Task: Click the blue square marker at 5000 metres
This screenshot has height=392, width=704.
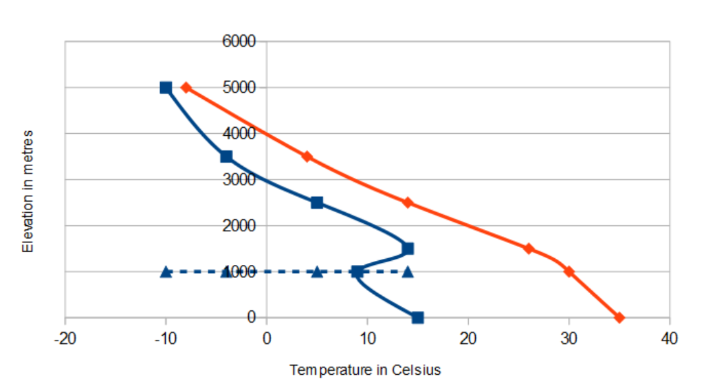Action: tap(166, 87)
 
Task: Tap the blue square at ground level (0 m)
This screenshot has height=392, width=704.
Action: tap(417, 317)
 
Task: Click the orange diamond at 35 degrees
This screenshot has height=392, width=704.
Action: tap(619, 317)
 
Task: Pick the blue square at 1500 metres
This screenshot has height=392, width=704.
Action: tap(408, 249)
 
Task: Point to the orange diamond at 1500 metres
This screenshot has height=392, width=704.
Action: tap(528, 249)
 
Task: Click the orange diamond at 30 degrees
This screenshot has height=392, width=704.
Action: tap(569, 271)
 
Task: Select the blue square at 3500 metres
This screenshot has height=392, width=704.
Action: tap(226, 157)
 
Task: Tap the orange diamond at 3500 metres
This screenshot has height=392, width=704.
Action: tap(307, 157)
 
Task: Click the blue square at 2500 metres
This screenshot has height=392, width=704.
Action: tap(317, 203)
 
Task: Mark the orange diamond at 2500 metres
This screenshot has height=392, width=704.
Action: tap(408, 203)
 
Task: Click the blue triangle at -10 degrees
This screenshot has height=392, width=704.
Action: tap(166, 271)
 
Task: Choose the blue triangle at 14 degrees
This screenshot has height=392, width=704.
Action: tap(408, 271)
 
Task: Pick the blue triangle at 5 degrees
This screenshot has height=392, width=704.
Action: tap(317, 271)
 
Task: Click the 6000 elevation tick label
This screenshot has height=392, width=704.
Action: tap(239, 41)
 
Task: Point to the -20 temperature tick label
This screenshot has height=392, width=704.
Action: tap(65, 338)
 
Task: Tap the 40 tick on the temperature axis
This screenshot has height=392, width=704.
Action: tap(669, 338)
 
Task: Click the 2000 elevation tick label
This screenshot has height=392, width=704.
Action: tap(239, 225)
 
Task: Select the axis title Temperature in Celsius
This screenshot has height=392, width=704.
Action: tap(365, 370)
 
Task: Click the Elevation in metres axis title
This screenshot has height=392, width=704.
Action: tap(28, 190)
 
